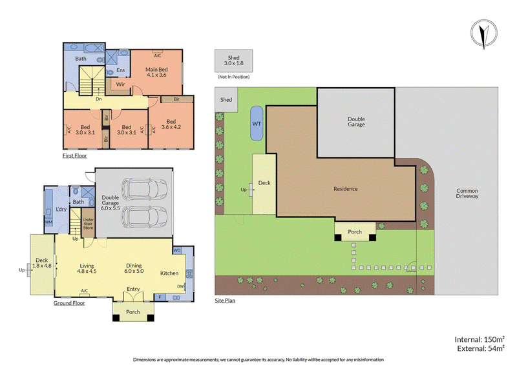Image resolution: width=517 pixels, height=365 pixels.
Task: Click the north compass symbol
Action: [483, 33]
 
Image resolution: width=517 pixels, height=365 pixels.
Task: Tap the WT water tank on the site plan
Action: [257, 123]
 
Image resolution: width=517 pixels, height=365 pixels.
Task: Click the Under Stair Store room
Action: [88, 223]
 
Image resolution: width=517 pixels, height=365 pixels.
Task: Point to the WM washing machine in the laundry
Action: [48, 222]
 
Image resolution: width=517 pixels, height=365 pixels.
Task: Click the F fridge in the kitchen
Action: [160, 297]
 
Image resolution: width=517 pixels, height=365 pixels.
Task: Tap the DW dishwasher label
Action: [180, 286]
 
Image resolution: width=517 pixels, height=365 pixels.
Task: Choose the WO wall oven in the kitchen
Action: [177, 250]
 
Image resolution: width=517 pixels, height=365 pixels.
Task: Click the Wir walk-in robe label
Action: [120, 84]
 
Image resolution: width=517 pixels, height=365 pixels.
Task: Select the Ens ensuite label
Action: [121, 70]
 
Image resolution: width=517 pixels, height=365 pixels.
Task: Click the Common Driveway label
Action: [467, 193]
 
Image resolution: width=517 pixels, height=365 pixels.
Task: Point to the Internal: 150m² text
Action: [480, 339]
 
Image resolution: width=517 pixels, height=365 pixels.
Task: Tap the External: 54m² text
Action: [481, 348]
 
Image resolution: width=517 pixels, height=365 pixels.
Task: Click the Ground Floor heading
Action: [69, 303]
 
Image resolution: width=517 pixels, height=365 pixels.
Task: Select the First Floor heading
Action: [75, 155]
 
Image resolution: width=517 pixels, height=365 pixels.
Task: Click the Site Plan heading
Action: [225, 300]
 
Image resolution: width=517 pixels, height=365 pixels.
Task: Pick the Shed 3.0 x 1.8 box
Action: [234, 61]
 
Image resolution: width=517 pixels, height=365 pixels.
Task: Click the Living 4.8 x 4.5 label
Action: [87, 268]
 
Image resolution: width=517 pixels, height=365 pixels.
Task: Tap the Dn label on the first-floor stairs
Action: [99, 99]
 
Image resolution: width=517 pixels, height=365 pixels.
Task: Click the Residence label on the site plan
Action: [346, 188]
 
